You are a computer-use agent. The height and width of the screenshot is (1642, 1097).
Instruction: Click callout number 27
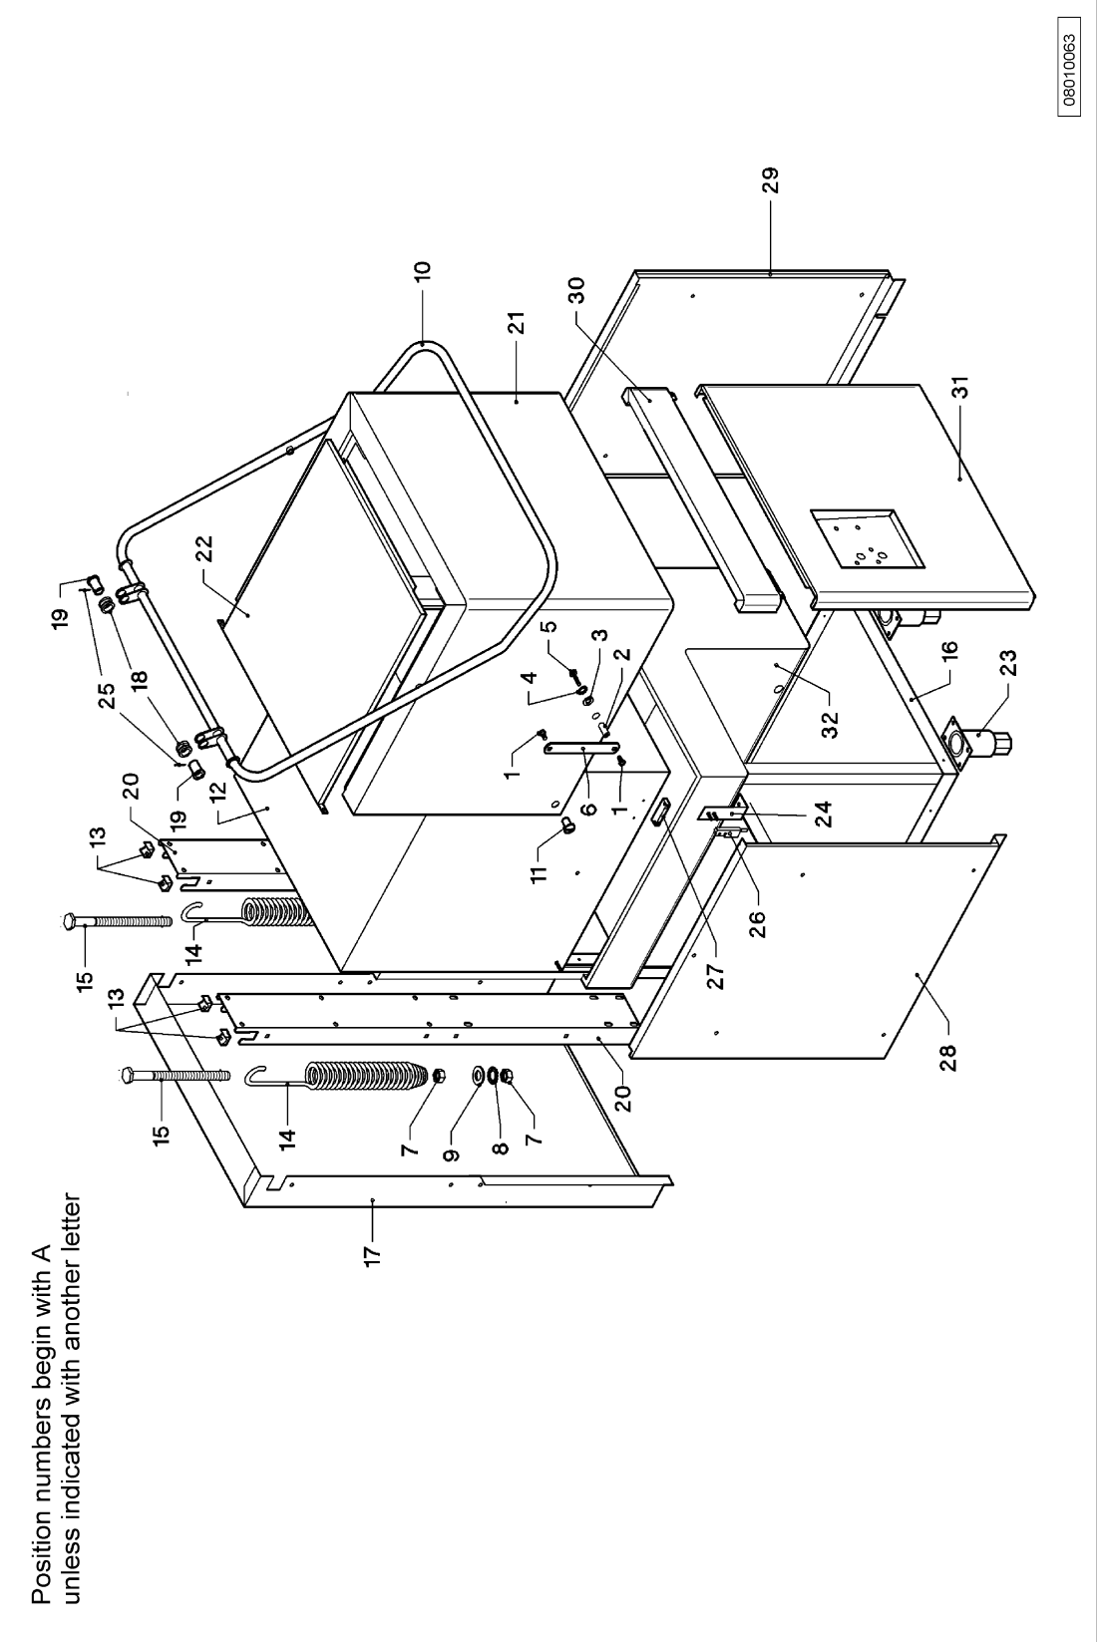[x=716, y=976]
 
